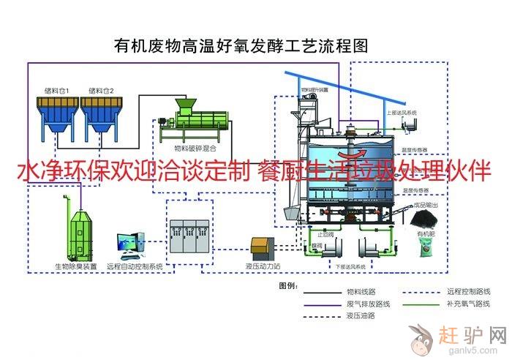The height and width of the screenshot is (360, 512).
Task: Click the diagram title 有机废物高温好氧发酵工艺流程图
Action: [x=242, y=46]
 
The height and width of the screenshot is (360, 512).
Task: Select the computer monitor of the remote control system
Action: [x=129, y=243]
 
